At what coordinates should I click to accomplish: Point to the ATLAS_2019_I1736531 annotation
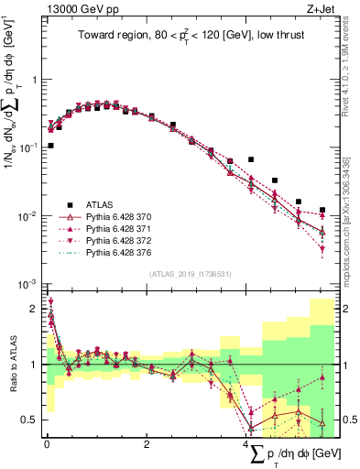coord(189,274)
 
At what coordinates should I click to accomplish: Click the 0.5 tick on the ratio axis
coord(31,420)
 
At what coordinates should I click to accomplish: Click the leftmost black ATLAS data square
coord(50,146)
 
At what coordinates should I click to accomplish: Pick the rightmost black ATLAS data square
coord(322,210)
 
